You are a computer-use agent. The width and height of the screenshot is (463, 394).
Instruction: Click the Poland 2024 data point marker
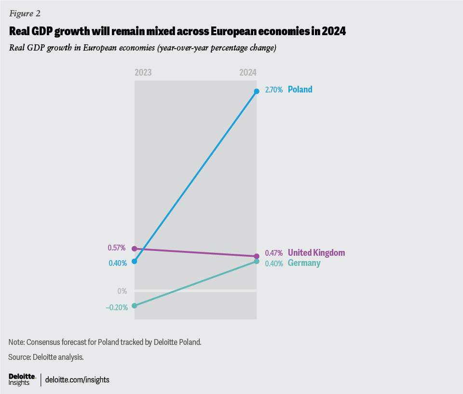click(257, 91)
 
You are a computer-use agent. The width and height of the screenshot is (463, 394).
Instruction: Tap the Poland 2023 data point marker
click(135, 262)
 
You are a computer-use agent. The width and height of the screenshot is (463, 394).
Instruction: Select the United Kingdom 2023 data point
click(135, 249)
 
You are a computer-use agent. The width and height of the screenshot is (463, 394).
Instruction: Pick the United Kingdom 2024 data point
click(257, 256)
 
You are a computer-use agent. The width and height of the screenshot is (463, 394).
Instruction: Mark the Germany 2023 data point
click(135, 306)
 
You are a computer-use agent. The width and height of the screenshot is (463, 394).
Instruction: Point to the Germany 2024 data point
click(257, 262)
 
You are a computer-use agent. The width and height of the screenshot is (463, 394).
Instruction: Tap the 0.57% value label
click(116, 248)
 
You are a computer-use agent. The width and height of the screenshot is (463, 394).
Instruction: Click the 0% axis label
click(122, 291)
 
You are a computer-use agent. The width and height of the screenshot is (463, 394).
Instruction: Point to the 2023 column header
click(143, 73)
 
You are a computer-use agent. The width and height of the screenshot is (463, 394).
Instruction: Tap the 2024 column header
click(248, 73)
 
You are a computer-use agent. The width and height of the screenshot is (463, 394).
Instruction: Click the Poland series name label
click(300, 89)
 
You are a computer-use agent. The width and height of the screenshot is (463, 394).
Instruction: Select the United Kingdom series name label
click(316, 253)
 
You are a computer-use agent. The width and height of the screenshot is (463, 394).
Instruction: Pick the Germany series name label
click(304, 263)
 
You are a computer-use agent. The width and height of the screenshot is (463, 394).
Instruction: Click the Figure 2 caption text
click(24, 13)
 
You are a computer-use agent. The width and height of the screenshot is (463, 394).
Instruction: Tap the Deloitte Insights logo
click(22, 379)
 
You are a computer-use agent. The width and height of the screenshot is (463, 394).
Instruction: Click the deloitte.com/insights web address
click(77, 380)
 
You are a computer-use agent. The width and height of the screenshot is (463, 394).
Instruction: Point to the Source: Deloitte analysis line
click(46, 357)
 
